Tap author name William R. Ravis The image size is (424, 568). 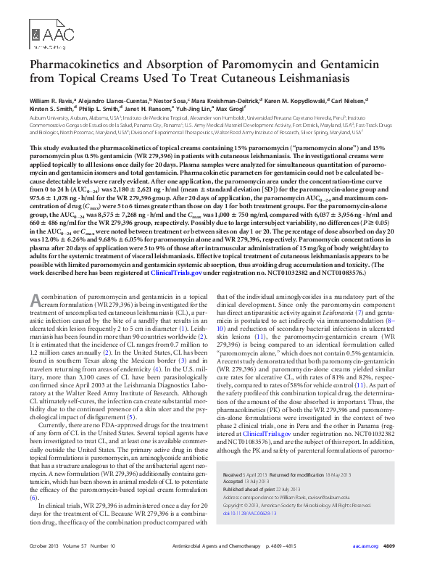pos(52,99)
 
